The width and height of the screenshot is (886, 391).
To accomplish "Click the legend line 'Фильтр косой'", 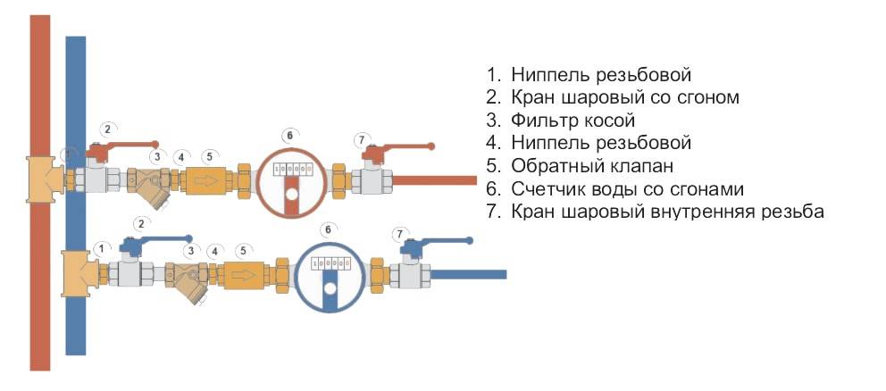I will pyautogui.click(x=572, y=120).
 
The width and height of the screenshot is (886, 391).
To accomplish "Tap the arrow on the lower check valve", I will pyautogui.click(x=244, y=275).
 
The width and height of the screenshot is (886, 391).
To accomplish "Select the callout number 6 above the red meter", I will pyautogui.click(x=288, y=135).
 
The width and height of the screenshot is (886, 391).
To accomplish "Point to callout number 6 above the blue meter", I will pyautogui.click(x=328, y=229).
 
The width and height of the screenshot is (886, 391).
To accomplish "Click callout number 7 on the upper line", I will pyautogui.click(x=362, y=140).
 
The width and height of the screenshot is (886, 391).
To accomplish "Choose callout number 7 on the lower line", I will pyautogui.click(x=399, y=234).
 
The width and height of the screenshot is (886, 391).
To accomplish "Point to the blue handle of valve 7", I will pyautogui.click(x=438, y=240).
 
